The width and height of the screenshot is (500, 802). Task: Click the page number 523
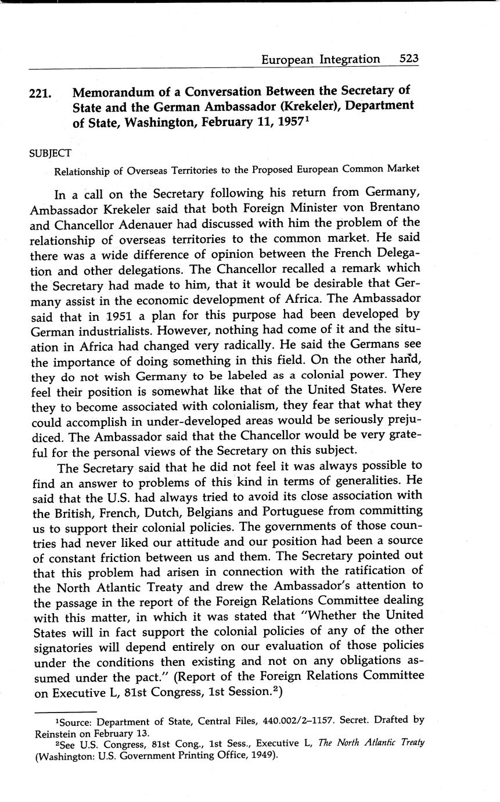[x=409, y=59]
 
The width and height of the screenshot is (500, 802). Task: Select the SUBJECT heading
[x=51, y=153]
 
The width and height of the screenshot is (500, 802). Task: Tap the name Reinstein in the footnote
[x=55, y=733]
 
